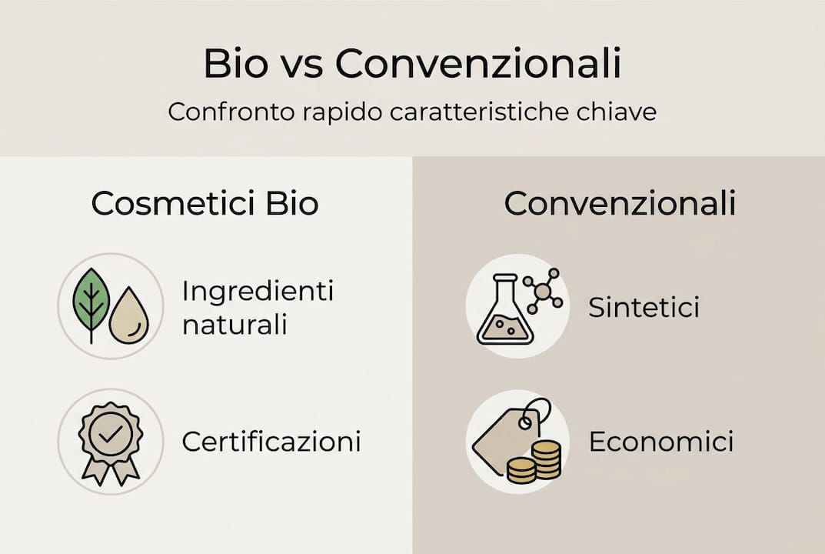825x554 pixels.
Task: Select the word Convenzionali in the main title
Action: tap(478, 65)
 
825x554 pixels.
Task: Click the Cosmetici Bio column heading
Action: tap(205, 204)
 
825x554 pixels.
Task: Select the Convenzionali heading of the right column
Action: tap(620, 204)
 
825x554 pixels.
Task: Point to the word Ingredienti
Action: tap(258, 292)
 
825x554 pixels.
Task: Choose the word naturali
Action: tap(235, 325)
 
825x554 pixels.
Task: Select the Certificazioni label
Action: tap(271, 442)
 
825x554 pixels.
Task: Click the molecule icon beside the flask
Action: tap(544, 290)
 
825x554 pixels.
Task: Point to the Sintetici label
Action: tap(644, 308)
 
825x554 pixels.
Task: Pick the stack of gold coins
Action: tap(535, 462)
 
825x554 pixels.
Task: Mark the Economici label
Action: tap(660, 442)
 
